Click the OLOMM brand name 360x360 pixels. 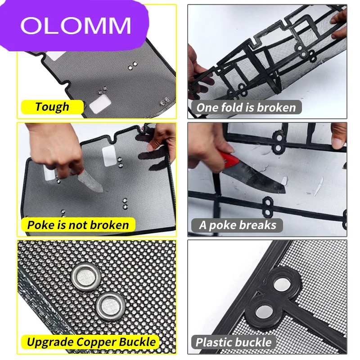tap(76, 25)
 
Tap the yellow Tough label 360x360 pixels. tap(52, 107)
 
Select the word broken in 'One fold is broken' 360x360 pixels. tap(276, 108)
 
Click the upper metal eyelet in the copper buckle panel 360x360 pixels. tap(85, 276)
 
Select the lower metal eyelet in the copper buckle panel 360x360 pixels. tap(111, 306)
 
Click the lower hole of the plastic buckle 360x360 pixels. tap(264, 312)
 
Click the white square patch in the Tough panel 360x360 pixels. tap(100, 104)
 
